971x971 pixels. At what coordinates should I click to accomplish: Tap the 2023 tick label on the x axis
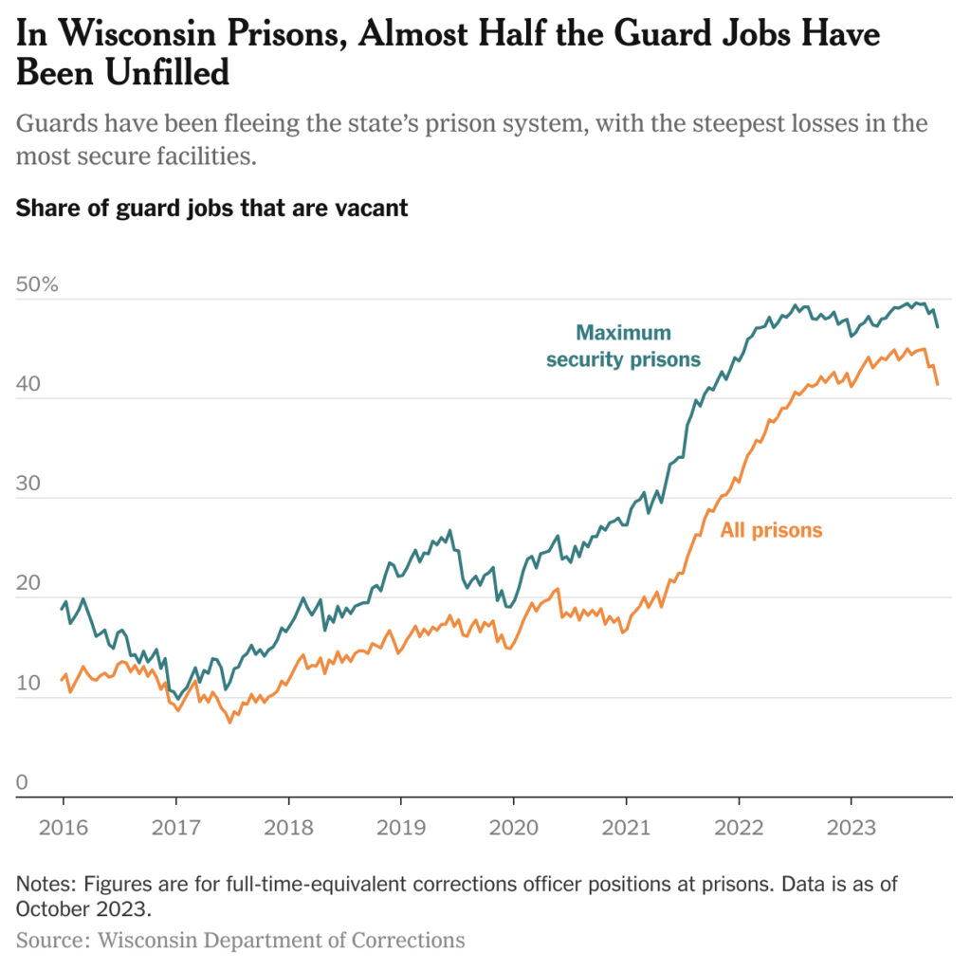850,827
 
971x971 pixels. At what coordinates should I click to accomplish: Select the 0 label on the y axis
22,782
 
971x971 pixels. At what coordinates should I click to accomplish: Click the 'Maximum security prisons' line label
623,346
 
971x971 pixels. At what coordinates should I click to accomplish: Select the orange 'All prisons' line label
771,531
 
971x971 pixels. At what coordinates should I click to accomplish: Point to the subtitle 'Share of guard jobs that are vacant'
211,208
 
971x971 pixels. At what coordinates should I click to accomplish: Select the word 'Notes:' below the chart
46,885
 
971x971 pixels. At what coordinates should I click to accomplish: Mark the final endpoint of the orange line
938,384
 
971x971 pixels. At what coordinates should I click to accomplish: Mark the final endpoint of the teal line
938,327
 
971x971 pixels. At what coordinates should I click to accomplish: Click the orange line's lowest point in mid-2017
229,723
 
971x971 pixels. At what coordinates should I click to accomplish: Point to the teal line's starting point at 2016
63,608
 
